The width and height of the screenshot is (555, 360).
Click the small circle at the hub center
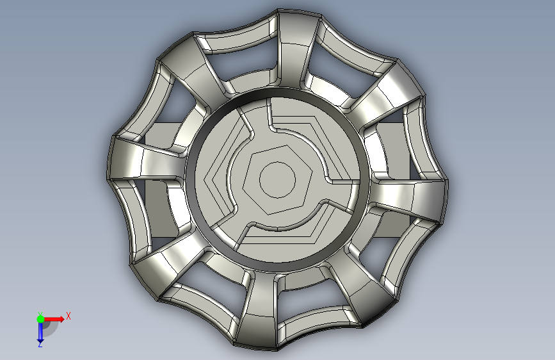[x=278, y=180]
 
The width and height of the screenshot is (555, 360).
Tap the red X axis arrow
[x=53, y=319]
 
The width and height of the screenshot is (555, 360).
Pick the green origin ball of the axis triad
[x=40, y=319]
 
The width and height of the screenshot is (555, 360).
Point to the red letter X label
[x=68, y=316]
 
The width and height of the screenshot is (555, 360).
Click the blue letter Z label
[x=40, y=344]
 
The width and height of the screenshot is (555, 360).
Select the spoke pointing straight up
[x=292, y=49]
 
